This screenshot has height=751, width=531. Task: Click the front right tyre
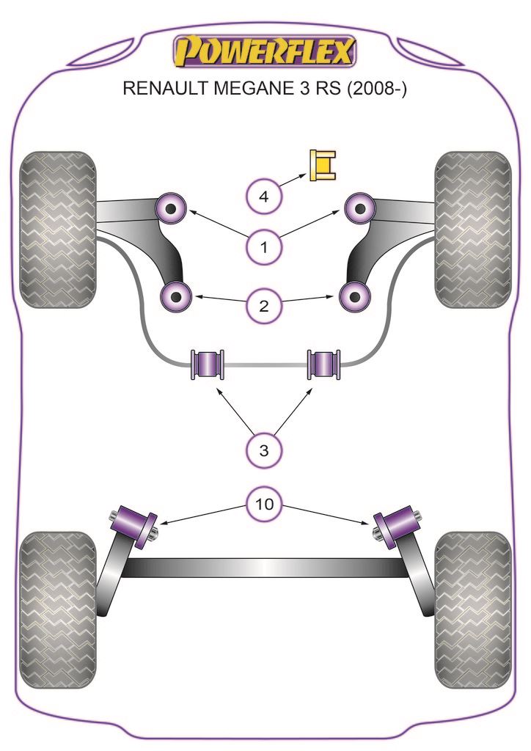(x=472, y=230)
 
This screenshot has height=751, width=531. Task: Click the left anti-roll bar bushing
(x=207, y=363)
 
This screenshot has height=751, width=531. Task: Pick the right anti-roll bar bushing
(x=323, y=363)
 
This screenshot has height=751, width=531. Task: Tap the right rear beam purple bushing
(x=396, y=523)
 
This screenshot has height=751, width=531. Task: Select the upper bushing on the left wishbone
(x=172, y=208)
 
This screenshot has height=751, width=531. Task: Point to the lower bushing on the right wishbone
(x=355, y=297)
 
